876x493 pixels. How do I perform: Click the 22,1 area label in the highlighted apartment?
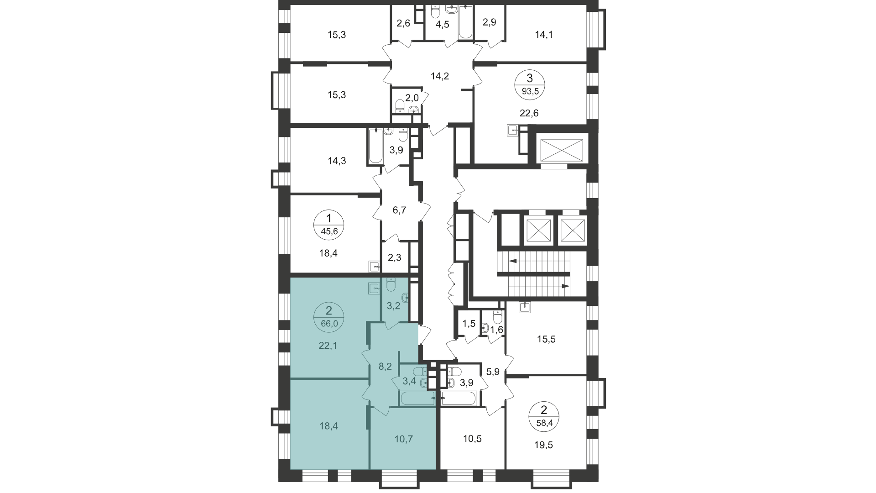328,346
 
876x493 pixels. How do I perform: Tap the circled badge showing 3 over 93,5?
529,84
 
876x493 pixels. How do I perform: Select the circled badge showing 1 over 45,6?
328,225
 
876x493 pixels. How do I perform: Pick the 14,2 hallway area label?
440,76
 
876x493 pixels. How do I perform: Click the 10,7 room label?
402,439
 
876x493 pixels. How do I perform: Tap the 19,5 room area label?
543,445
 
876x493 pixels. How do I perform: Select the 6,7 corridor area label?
399,210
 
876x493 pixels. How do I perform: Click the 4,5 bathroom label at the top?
442,24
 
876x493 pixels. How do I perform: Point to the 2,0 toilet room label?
412,97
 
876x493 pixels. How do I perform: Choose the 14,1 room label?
543,34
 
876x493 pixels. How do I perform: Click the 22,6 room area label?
529,113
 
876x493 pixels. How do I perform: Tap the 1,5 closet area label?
469,324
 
